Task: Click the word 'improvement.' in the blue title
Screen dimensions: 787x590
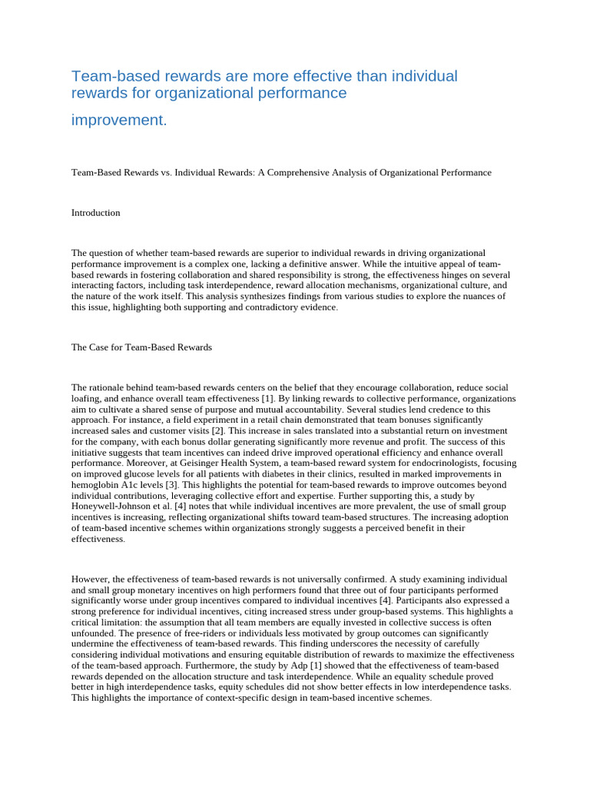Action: click(118, 121)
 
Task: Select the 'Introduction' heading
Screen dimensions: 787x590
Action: click(95, 213)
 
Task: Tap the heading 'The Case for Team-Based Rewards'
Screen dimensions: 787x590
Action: click(141, 347)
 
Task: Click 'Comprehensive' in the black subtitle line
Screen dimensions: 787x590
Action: click(322, 173)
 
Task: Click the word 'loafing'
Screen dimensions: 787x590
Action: click(88, 399)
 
